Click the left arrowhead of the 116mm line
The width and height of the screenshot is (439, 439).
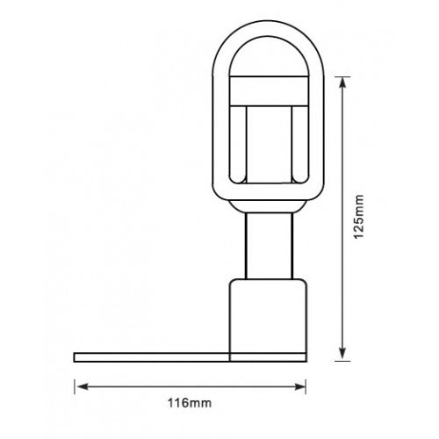(79, 384)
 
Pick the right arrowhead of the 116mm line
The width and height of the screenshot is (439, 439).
(300, 384)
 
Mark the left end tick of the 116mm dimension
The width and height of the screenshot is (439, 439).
(74, 384)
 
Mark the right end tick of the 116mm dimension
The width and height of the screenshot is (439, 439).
(306, 384)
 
